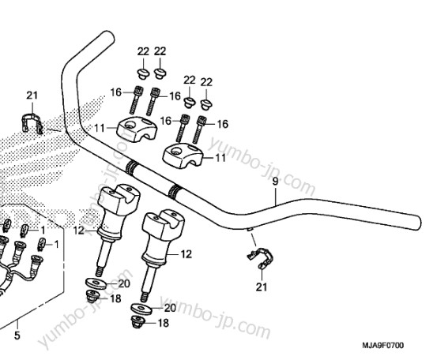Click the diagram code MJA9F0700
click(383, 345)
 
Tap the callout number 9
click(275, 182)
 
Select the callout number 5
click(17, 336)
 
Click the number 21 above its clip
click(32, 96)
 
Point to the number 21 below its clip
click(262, 287)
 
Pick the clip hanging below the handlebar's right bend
click(260, 258)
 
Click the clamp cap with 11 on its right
click(183, 156)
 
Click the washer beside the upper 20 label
click(96, 283)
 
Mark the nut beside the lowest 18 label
click(137, 322)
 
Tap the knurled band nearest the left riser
click(131, 167)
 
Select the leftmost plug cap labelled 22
click(143, 73)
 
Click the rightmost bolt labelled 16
click(200, 129)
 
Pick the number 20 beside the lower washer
click(170, 308)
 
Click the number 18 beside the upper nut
click(115, 298)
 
